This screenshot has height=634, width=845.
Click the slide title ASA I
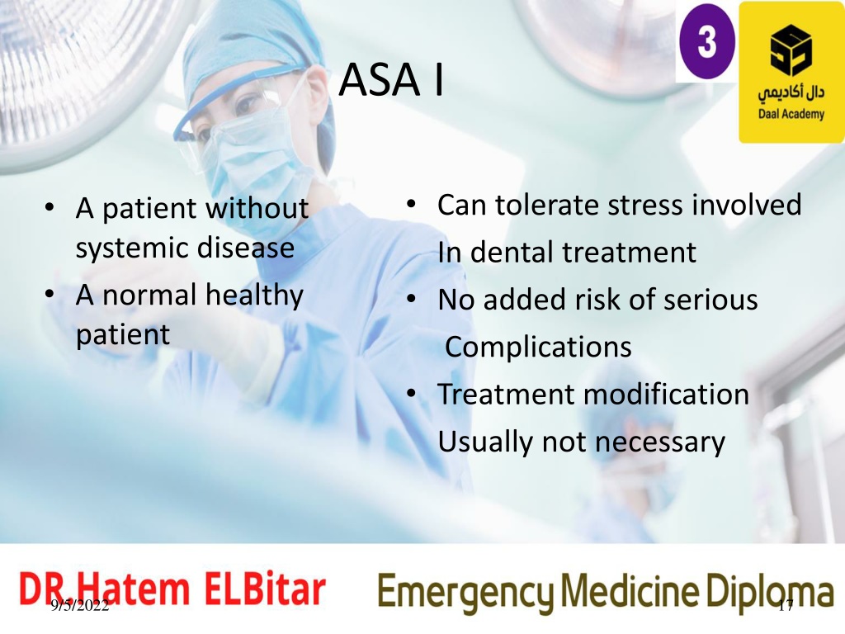pyautogui.click(x=391, y=79)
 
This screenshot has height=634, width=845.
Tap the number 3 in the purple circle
pyautogui.click(x=706, y=41)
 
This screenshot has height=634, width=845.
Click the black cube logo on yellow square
pyautogui.click(x=791, y=50)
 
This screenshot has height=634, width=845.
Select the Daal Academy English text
pyautogui.click(x=791, y=114)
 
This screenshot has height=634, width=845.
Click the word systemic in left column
pyautogui.click(x=133, y=248)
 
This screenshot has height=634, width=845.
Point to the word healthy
pyautogui.click(x=254, y=296)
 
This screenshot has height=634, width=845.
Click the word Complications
pyautogui.click(x=538, y=347)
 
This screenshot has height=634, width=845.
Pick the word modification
pyautogui.click(x=666, y=394)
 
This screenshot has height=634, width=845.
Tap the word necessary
pyautogui.click(x=660, y=443)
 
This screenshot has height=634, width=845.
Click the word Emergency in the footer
pyautogui.click(x=465, y=592)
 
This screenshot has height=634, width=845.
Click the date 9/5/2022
pyautogui.click(x=80, y=605)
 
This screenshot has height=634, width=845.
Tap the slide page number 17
pyautogui.click(x=786, y=606)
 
